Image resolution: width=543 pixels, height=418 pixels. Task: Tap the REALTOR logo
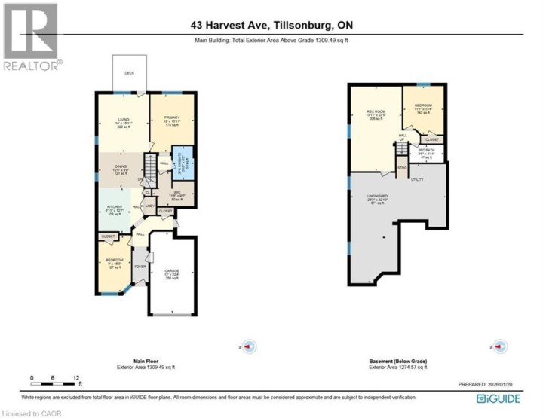point(30,38)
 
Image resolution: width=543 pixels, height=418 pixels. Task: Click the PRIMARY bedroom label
point(173,119)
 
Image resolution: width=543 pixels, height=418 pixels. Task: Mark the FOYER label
point(140,267)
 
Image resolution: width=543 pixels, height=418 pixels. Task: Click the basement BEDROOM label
point(422,106)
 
